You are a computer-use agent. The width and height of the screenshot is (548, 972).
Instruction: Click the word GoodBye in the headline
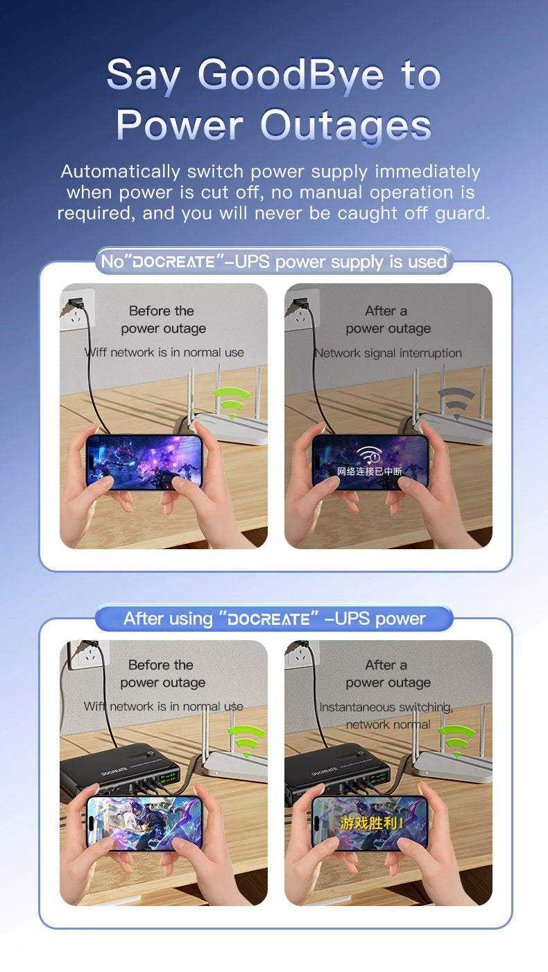[x=291, y=76]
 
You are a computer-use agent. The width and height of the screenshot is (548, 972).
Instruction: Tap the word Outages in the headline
[x=345, y=126]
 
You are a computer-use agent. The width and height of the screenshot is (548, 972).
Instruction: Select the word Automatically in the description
[x=121, y=172]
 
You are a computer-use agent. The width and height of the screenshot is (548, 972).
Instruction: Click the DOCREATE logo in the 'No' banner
[x=174, y=262]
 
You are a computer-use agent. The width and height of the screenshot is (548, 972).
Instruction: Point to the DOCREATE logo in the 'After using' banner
[x=269, y=619]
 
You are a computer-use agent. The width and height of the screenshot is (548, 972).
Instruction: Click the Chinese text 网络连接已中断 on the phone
[x=370, y=471]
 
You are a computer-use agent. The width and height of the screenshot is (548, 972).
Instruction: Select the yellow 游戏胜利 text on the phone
[x=372, y=823]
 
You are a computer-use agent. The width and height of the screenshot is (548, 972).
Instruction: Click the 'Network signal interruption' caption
[x=388, y=353]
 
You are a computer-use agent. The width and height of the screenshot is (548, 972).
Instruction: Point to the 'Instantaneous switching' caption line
[x=386, y=707]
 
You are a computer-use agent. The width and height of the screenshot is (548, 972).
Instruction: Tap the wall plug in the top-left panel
[x=75, y=303]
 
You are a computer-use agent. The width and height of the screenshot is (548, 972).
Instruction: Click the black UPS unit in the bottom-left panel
[x=120, y=772]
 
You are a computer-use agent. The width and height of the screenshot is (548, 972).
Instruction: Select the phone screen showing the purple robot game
[x=144, y=462]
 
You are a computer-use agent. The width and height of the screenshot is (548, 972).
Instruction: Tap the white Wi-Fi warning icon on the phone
[x=369, y=455]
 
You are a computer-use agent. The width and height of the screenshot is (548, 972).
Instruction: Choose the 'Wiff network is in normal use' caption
[x=164, y=352]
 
